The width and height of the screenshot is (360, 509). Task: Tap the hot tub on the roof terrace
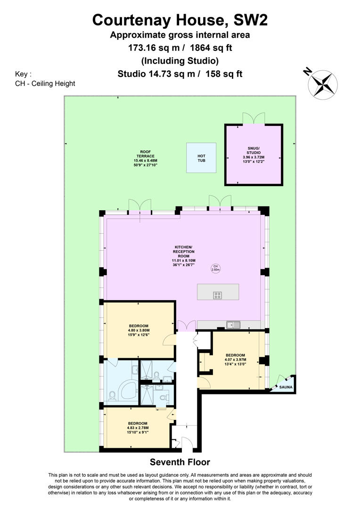click(x=201, y=158)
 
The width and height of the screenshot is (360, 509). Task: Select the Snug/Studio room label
click(x=254, y=155)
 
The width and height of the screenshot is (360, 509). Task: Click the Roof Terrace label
click(x=146, y=158)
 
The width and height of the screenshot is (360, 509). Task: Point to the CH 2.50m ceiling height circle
click(x=215, y=268)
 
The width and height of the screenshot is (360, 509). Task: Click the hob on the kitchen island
click(x=218, y=295)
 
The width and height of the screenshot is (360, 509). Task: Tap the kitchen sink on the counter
click(x=234, y=325)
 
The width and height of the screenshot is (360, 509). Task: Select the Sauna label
click(x=286, y=387)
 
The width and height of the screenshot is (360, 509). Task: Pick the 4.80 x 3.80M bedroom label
click(x=139, y=330)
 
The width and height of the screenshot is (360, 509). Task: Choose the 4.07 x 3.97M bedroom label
click(x=235, y=359)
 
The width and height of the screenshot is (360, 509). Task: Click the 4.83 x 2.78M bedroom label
click(x=138, y=427)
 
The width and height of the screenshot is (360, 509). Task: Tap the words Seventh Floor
click(x=180, y=462)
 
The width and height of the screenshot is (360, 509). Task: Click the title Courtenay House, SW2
click(x=180, y=20)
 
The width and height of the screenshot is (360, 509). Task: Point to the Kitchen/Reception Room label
click(x=184, y=256)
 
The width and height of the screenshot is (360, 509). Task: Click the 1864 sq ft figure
click(x=211, y=48)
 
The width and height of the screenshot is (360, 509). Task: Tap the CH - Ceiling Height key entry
click(x=45, y=83)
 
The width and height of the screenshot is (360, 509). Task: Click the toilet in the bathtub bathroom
click(x=112, y=396)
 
